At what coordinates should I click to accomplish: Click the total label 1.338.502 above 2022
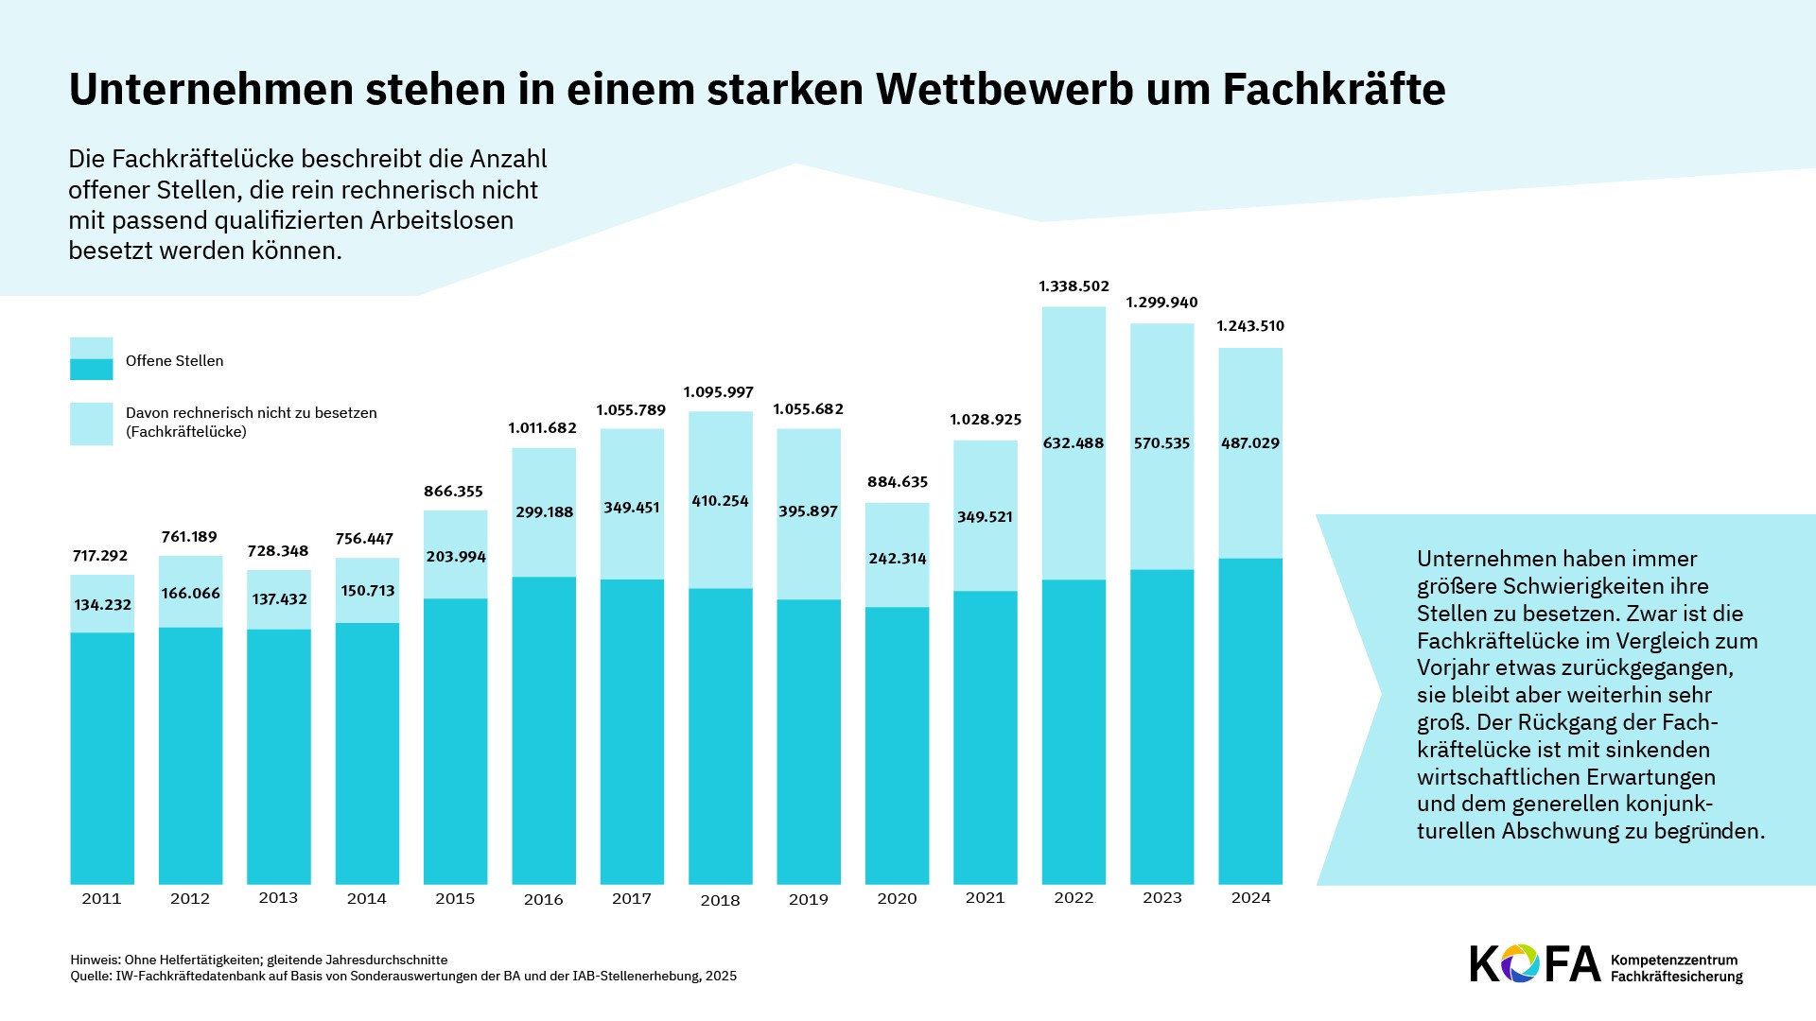point(1074,286)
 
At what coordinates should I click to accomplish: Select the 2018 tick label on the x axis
point(720,900)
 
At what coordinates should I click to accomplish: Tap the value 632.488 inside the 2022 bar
point(1074,443)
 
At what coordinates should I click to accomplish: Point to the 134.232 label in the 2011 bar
point(102,605)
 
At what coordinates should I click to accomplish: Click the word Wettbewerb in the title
point(1004,90)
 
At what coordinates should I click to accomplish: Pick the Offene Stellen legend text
point(175,361)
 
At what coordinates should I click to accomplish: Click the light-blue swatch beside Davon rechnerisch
point(92,424)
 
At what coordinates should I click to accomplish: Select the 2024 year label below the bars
point(1250,898)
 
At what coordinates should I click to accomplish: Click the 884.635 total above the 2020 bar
point(898,482)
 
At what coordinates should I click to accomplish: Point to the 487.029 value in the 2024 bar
point(1250,443)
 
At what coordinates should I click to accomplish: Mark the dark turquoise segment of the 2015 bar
point(455,741)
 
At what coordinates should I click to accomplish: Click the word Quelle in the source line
point(91,977)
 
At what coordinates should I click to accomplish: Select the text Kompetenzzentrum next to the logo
point(1674,960)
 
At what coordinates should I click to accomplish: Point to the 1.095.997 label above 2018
point(719,392)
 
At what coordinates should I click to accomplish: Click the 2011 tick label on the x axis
point(101,898)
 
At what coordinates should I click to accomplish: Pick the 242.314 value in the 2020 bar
point(898,559)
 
